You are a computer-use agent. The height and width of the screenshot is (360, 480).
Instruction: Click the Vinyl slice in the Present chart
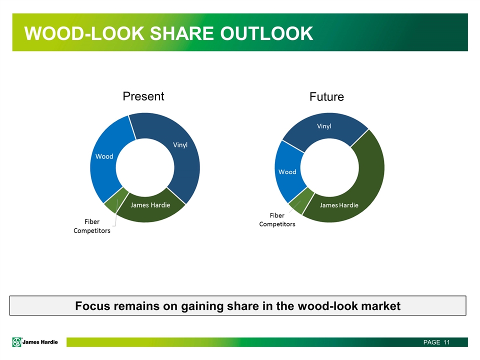183,153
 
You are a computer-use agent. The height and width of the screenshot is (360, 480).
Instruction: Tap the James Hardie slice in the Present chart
150,208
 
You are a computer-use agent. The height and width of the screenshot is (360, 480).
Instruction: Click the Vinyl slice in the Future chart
324,128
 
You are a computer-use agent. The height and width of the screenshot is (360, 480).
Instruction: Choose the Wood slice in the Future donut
288,171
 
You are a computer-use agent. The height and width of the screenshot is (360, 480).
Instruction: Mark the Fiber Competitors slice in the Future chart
301,201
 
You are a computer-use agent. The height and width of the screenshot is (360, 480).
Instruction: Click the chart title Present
143,96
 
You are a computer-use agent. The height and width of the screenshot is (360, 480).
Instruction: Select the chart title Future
326,96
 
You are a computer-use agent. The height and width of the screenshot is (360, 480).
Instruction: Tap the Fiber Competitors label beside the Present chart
92,226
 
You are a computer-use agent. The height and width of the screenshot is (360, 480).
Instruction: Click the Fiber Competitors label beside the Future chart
277,220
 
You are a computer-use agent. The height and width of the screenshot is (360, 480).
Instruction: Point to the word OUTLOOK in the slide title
266,33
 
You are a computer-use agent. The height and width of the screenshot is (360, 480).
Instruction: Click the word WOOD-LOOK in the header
84,33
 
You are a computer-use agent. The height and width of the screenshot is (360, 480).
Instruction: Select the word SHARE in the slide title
182,33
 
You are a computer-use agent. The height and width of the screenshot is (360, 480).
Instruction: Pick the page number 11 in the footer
446,342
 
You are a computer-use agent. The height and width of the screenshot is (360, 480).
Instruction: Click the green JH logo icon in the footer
17,342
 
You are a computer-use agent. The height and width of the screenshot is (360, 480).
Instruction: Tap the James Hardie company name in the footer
40,342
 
